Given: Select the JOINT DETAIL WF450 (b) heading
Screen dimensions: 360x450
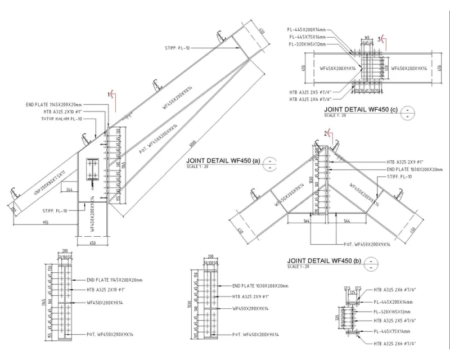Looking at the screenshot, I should tap(323, 260).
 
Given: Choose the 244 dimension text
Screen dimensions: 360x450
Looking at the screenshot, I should tap(69, 190).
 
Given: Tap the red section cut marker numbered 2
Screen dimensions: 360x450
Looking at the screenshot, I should tap(327, 133).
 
